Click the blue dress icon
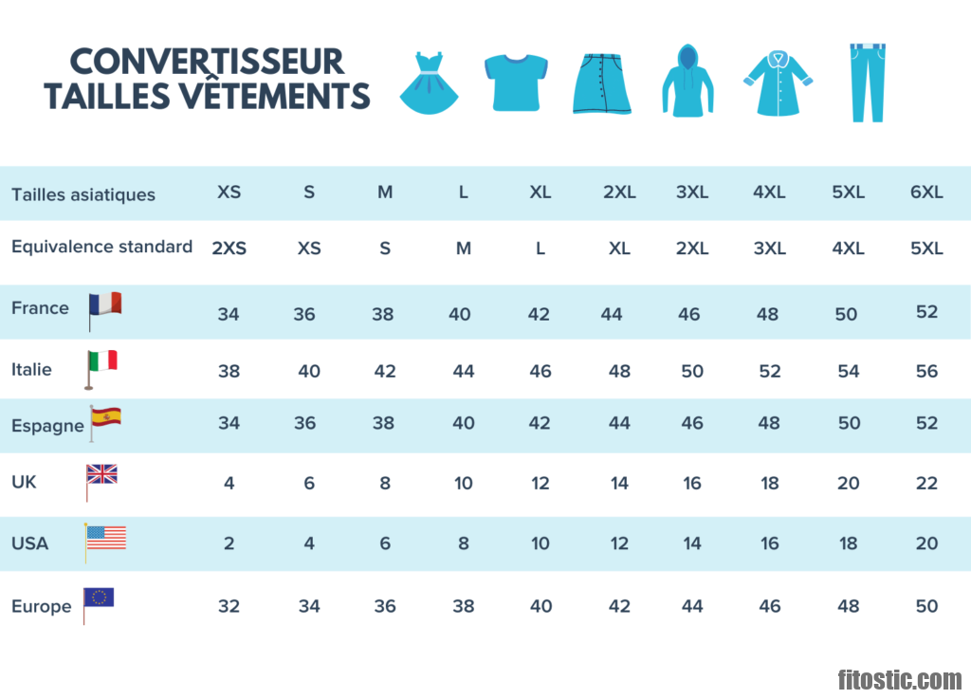pos(430,83)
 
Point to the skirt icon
pos(601,83)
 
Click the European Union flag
pos(99,598)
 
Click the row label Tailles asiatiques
pos(83,194)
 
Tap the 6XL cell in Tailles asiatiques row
pos(926,192)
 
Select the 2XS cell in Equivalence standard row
pos(229,248)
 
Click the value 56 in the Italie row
pos(926,371)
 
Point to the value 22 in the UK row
pos(926,483)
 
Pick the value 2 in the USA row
pos(229,543)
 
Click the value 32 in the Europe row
pos(229,606)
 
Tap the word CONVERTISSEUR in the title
pos(207,62)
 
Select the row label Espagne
pos(47,426)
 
